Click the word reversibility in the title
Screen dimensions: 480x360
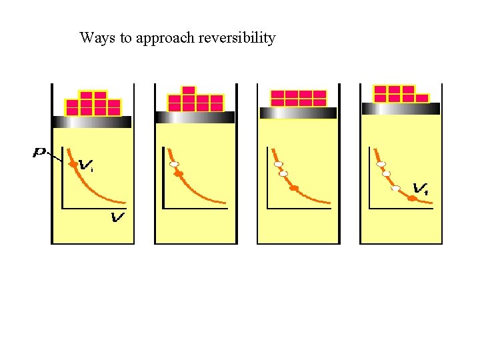237,38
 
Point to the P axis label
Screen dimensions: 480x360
40,153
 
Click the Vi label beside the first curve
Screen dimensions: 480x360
86,165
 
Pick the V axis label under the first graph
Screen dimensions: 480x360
118,218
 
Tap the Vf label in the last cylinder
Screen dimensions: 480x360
421,189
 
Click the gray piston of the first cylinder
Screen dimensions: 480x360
92,122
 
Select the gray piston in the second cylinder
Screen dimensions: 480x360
195,117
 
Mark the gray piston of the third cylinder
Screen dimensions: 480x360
298,113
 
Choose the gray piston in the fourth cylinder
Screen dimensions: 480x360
400,109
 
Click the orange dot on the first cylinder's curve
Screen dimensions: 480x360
73,164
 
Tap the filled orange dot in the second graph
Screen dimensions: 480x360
179,174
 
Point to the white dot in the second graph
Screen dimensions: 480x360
174,164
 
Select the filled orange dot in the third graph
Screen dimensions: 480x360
293,188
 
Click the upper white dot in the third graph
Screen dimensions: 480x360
279,164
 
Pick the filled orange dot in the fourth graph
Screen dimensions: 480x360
412,198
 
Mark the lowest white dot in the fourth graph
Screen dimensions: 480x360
395,188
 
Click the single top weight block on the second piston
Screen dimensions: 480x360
189,91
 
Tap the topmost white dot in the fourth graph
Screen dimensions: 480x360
381,164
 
